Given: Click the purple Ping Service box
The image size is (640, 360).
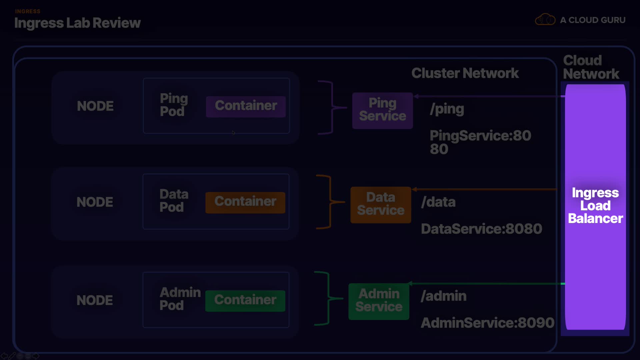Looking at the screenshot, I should tap(382, 110).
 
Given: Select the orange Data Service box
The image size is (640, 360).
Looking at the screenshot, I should tap(381, 205).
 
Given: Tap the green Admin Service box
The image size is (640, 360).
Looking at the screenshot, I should tap(379, 301).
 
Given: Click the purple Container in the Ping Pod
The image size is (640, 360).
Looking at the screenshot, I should tap(246, 106).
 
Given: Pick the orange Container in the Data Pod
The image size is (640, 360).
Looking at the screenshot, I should tap(245, 202).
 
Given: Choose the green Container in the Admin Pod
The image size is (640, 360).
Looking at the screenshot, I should tap(245, 300).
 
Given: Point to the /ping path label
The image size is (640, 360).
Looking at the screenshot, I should tap(447, 109).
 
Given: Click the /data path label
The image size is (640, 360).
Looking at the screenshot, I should tap(438, 202).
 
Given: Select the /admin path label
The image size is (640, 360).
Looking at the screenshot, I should tap(443, 296).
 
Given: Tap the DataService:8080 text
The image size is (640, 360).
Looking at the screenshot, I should tap(481, 229).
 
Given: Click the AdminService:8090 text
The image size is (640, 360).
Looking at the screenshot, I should tap(487, 323).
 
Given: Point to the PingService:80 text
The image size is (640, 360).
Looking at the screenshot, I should tap(480, 136).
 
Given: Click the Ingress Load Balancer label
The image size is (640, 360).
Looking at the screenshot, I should tap(595, 206).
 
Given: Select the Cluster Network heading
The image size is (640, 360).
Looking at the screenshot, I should tap(465, 73).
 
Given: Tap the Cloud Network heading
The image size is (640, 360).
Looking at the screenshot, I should tap(591, 67).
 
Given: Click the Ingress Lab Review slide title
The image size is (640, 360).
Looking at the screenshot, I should tap(77, 23).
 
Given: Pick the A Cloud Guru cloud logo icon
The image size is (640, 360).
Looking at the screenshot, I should tap(545, 20).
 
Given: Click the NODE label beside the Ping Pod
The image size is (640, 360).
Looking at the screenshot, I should tap(95, 106).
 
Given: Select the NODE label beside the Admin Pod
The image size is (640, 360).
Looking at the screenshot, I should tap(95, 300).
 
